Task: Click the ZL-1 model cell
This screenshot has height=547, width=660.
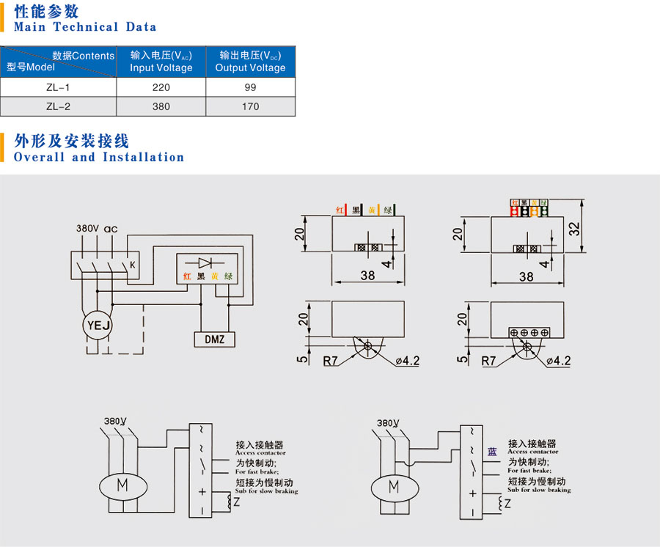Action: [58, 87]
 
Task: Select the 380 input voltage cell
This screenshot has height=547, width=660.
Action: [161, 106]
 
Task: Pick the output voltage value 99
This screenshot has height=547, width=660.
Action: [250, 87]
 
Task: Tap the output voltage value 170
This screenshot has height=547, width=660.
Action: [250, 106]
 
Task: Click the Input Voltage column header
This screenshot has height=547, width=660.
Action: [161, 62]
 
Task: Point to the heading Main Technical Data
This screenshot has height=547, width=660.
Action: [85, 27]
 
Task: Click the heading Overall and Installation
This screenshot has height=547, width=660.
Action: [99, 157]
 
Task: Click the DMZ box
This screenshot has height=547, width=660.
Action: [214, 339]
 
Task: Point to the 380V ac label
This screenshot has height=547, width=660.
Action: [97, 229]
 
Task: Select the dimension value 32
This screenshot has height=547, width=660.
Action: [576, 228]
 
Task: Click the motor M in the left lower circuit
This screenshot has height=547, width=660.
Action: [122, 485]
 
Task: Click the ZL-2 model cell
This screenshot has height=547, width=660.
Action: [58, 106]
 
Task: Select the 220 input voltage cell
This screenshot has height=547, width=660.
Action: [161, 87]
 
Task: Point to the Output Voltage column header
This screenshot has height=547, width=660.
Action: [250, 62]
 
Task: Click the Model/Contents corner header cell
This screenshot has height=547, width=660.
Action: [59, 62]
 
